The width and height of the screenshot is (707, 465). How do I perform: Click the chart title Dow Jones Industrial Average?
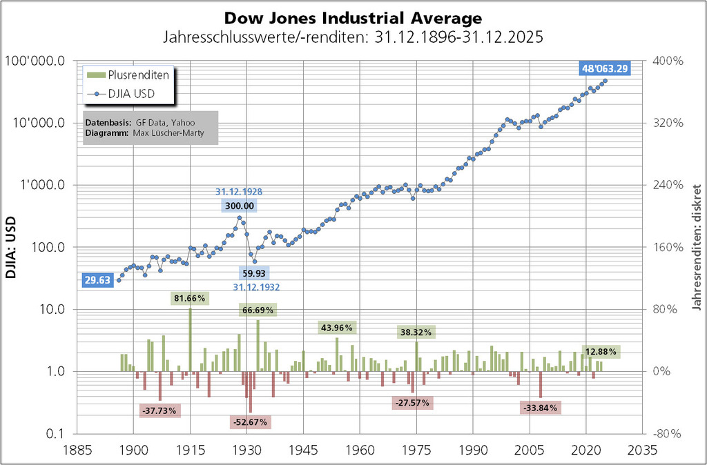point(353,17)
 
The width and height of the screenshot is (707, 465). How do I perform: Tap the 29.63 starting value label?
point(97,279)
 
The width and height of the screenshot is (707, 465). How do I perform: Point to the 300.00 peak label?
point(240,205)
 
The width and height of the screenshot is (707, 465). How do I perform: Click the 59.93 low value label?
point(254,274)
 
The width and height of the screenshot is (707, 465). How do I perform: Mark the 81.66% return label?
point(191,298)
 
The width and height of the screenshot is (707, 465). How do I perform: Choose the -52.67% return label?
point(251,422)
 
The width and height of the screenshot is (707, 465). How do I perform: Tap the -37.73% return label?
point(159,410)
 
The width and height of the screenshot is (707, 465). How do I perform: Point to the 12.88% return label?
point(600,352)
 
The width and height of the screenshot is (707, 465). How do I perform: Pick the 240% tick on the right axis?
point(667,185)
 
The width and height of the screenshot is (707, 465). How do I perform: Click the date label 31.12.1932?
point(256,287)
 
